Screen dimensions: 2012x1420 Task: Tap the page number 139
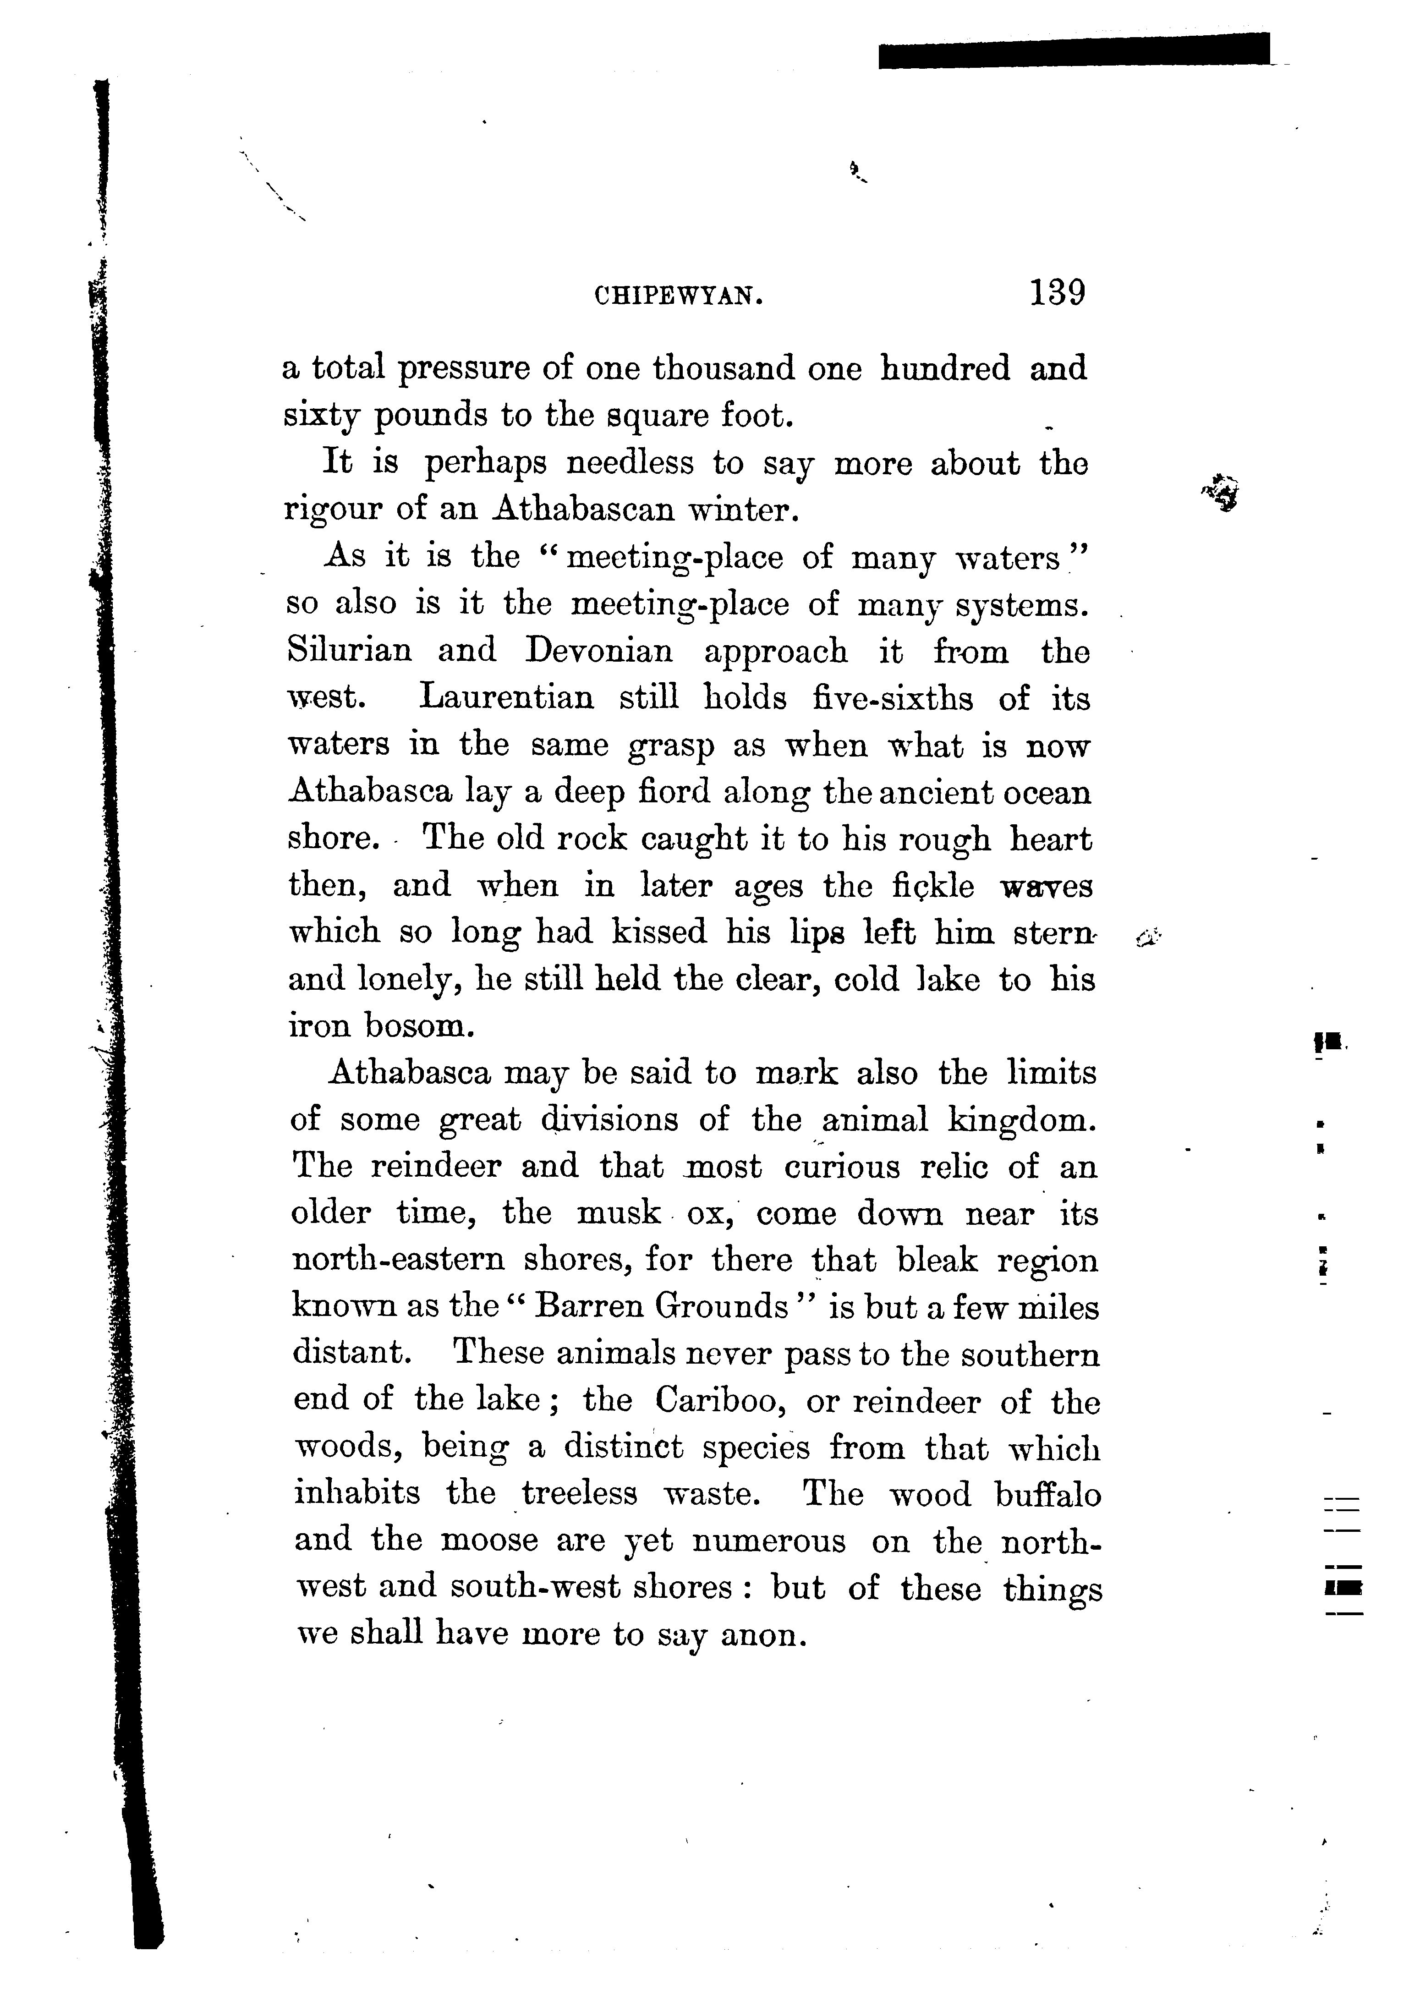pyautogui.click(x=1058, y=292)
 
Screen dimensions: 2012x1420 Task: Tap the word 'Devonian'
pyautogui.click(x=599, y=651)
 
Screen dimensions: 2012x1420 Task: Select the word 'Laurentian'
pyautogui.click(x=507, y=698)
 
